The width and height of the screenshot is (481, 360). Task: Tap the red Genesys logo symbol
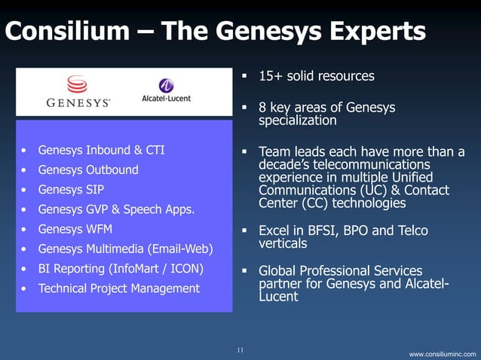click(x=77, y=84)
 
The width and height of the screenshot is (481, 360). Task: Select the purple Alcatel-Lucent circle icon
click(x=165, y=86)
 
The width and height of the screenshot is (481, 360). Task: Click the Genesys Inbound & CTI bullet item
click(x=101, y=150)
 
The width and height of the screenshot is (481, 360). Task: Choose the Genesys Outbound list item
click(x=88, y=169)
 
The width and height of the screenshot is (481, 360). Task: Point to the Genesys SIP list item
click(x=71, y=189)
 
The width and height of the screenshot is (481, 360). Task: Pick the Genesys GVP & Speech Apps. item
click(x=116, y=209)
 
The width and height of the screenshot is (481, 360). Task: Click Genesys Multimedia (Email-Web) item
click(x=125, y=249)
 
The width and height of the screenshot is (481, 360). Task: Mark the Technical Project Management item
click(x=118, y=288)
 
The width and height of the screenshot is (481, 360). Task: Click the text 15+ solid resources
click(x=316, y=77)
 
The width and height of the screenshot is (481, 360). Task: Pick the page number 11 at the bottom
click(x=240, y=350)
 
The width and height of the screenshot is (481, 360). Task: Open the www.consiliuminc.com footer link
click(x=443, y=353)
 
